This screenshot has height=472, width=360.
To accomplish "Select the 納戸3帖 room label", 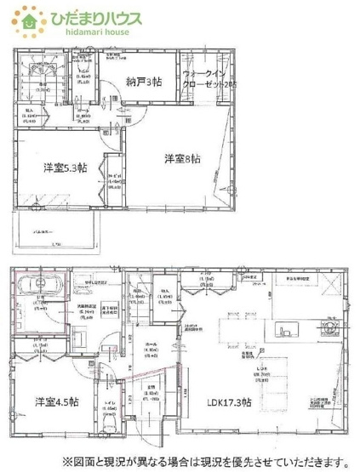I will (x=144, y=82).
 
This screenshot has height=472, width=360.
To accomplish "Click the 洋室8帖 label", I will (x=183, y=157).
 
